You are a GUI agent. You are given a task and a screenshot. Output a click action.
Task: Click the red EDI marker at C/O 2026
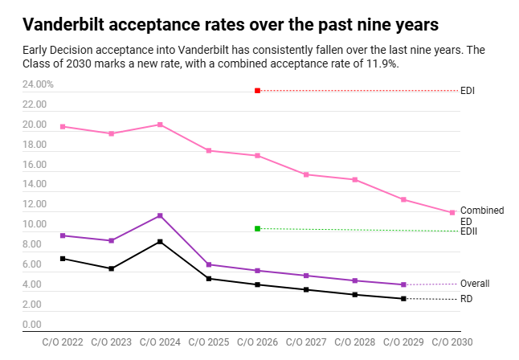(x=257, y=91)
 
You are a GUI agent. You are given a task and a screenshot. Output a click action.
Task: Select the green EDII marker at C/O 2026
(x=257, y=229)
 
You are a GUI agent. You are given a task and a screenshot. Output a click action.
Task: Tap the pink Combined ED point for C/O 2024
(x=161, y=125)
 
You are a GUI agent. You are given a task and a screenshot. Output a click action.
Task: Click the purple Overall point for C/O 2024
(x=161, y=215)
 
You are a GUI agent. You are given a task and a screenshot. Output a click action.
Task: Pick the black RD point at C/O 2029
(x=403, y=299)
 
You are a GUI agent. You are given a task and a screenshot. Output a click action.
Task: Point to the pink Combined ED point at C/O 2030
(x=452, y=213)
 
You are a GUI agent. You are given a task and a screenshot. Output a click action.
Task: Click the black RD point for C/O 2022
(x=63, y=259)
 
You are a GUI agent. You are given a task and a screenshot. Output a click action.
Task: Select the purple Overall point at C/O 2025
(x=209, y=264)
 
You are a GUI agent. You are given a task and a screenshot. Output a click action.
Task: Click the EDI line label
(x=467, y=91)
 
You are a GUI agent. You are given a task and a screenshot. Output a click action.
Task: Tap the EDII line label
(x=469, y=231)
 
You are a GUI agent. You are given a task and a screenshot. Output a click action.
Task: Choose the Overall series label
(x=474, y=284)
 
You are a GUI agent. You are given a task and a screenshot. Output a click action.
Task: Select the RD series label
(x=466, y=300)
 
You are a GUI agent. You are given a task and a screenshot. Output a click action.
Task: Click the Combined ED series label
(x=481, y=215)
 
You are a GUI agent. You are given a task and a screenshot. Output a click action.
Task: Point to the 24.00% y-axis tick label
(x=38, y=84)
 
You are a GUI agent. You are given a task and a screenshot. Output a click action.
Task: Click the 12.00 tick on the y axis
(x=33, y=205)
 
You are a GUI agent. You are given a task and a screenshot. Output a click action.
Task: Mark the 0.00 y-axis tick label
(x=33, y=325)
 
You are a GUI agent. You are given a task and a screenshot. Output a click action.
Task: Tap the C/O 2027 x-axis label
(x=306, y=342)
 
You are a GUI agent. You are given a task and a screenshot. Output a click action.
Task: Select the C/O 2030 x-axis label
(x=452, y=342)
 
